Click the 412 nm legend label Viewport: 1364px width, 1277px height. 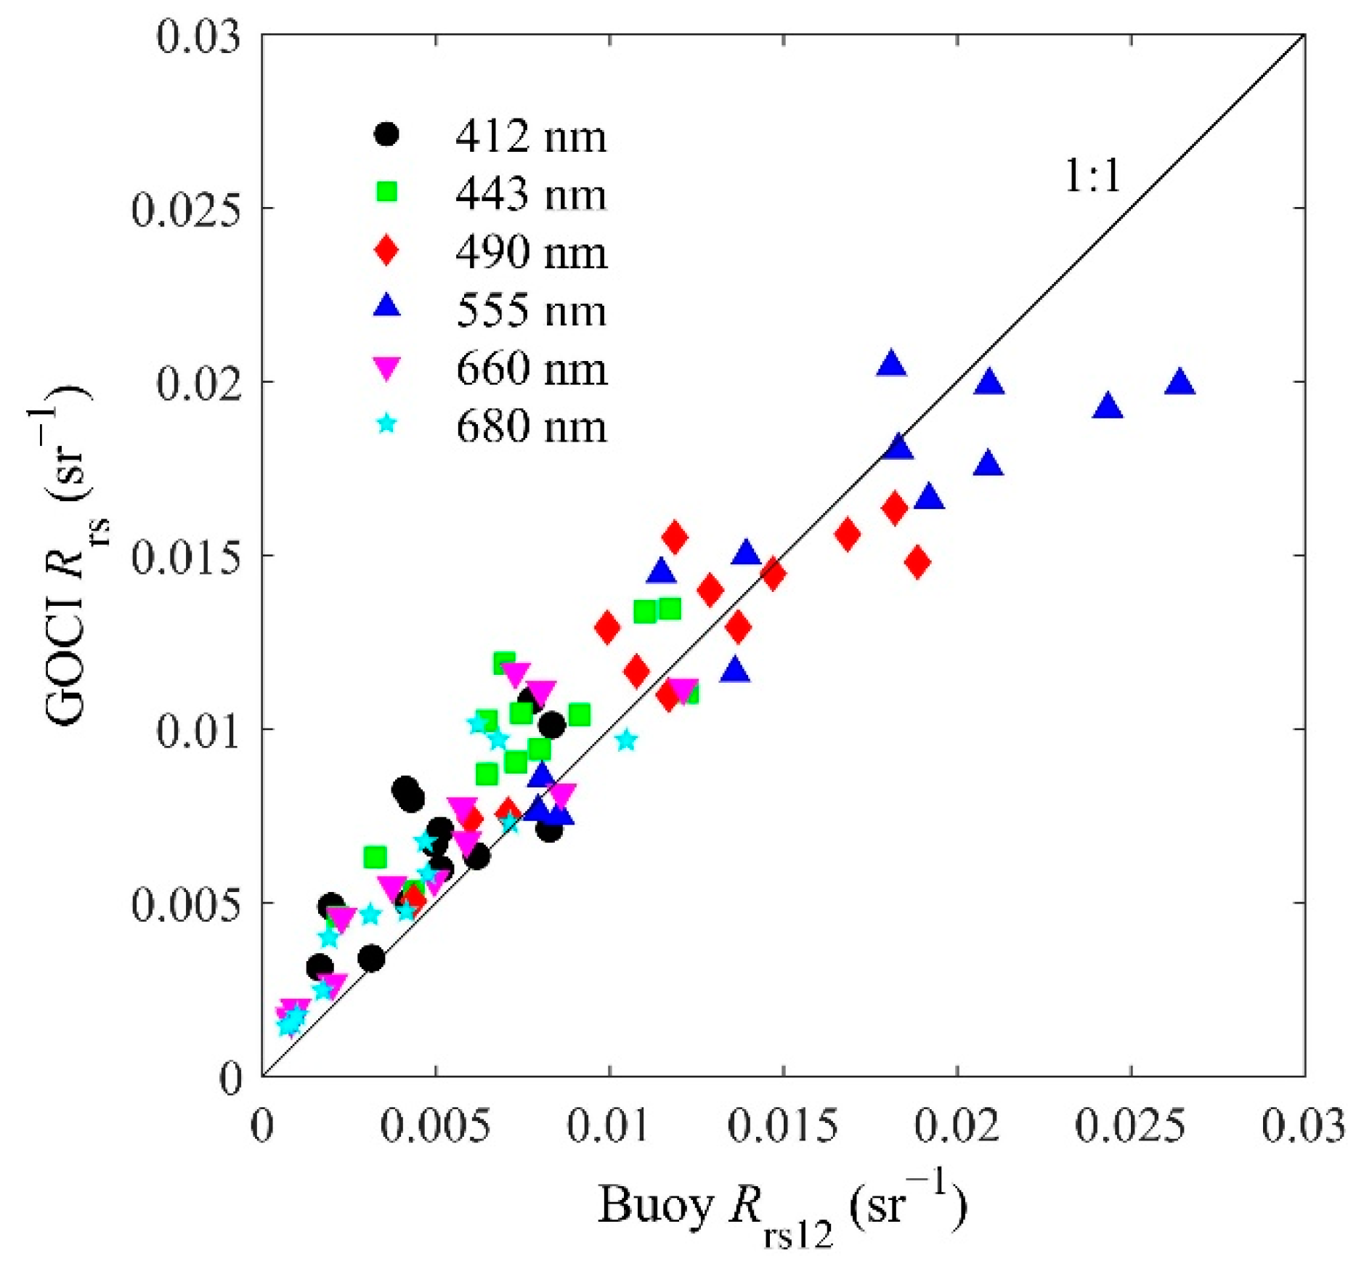(530, 136)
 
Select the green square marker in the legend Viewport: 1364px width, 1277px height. (387, 192)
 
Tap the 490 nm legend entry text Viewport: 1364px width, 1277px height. (531, 252)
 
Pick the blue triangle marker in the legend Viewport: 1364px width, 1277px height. (387, 307)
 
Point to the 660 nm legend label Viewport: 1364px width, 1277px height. (531, 368)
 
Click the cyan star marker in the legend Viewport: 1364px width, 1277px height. (387, 423)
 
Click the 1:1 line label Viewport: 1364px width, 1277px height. (1092, 176)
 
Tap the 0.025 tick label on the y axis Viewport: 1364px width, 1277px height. (185, 208)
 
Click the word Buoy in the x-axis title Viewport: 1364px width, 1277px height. (654, 1207)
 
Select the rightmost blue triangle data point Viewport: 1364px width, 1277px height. (1180, 382)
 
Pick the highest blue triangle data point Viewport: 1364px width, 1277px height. (891, 363)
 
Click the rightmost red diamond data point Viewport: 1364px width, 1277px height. (918, 562)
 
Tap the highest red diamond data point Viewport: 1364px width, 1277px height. (675, 537)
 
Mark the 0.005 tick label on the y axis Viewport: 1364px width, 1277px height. (185, 904)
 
